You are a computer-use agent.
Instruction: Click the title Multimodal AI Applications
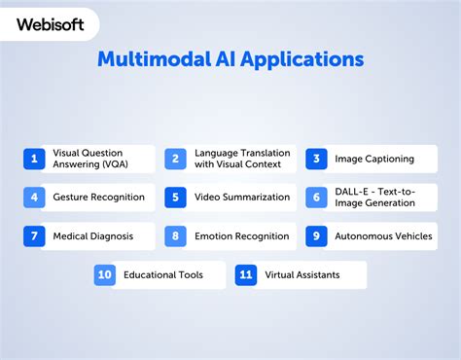[x=230, y=59]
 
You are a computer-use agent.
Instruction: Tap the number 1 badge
[x=34, y=159]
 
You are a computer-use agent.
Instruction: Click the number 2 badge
[x=175, y=159]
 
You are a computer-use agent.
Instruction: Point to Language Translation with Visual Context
[x=241, y=159]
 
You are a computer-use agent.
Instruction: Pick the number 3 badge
[x=316, y=159]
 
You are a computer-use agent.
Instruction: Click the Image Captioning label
[x=374, y=159]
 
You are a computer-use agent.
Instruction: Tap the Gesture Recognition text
[x=98, y=198]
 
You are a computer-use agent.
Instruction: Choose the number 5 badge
[x=175, y=198]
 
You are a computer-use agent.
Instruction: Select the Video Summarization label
[x=242, y=198]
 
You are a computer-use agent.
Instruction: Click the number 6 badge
[x=316, y=198]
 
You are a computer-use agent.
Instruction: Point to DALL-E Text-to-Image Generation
[x=374, y=198]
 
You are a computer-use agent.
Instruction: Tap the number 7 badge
[x=34, y=235]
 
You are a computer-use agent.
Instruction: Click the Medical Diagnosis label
[x=92, y=235]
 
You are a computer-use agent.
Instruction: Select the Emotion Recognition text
[x=241, y=235]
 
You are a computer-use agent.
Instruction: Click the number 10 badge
[x=105, y=274]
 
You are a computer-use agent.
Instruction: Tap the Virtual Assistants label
[x=302, y=274]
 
